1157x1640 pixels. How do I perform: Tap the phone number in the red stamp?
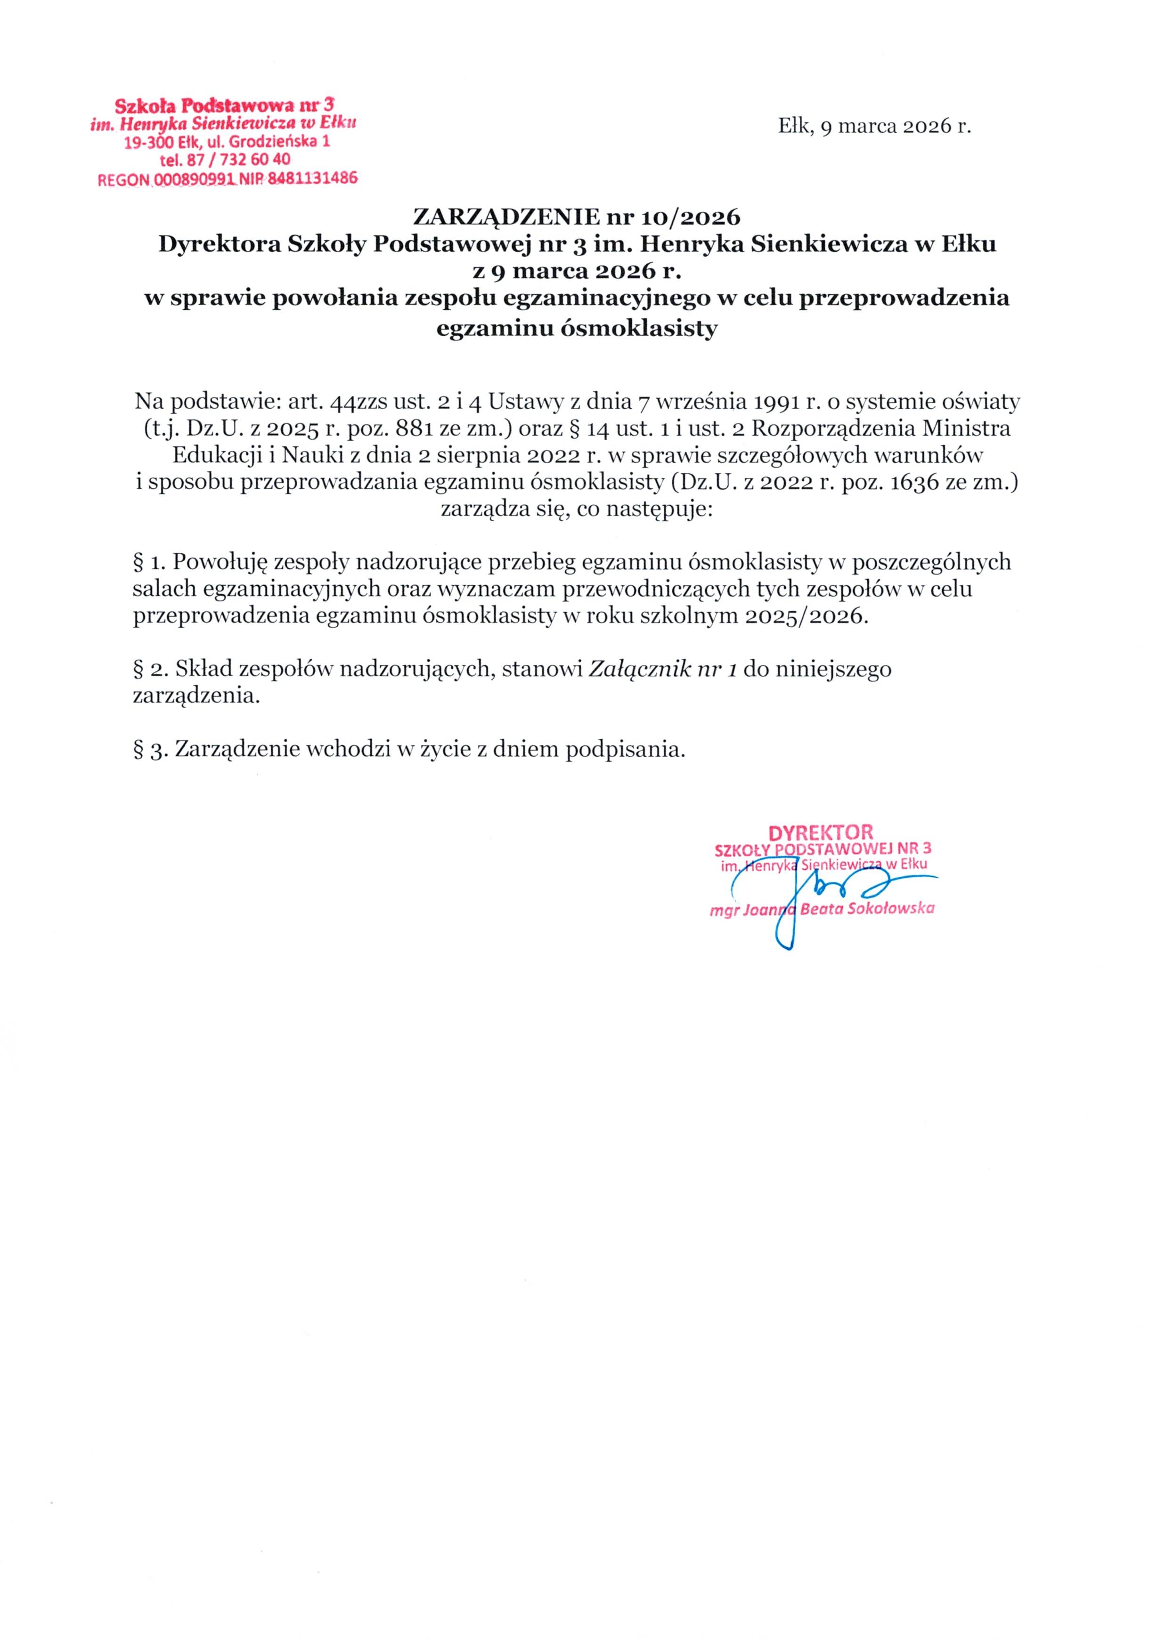[237, 160]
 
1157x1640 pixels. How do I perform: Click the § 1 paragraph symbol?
[139, 563]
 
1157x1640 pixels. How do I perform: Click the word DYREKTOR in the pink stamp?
[820, 832]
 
